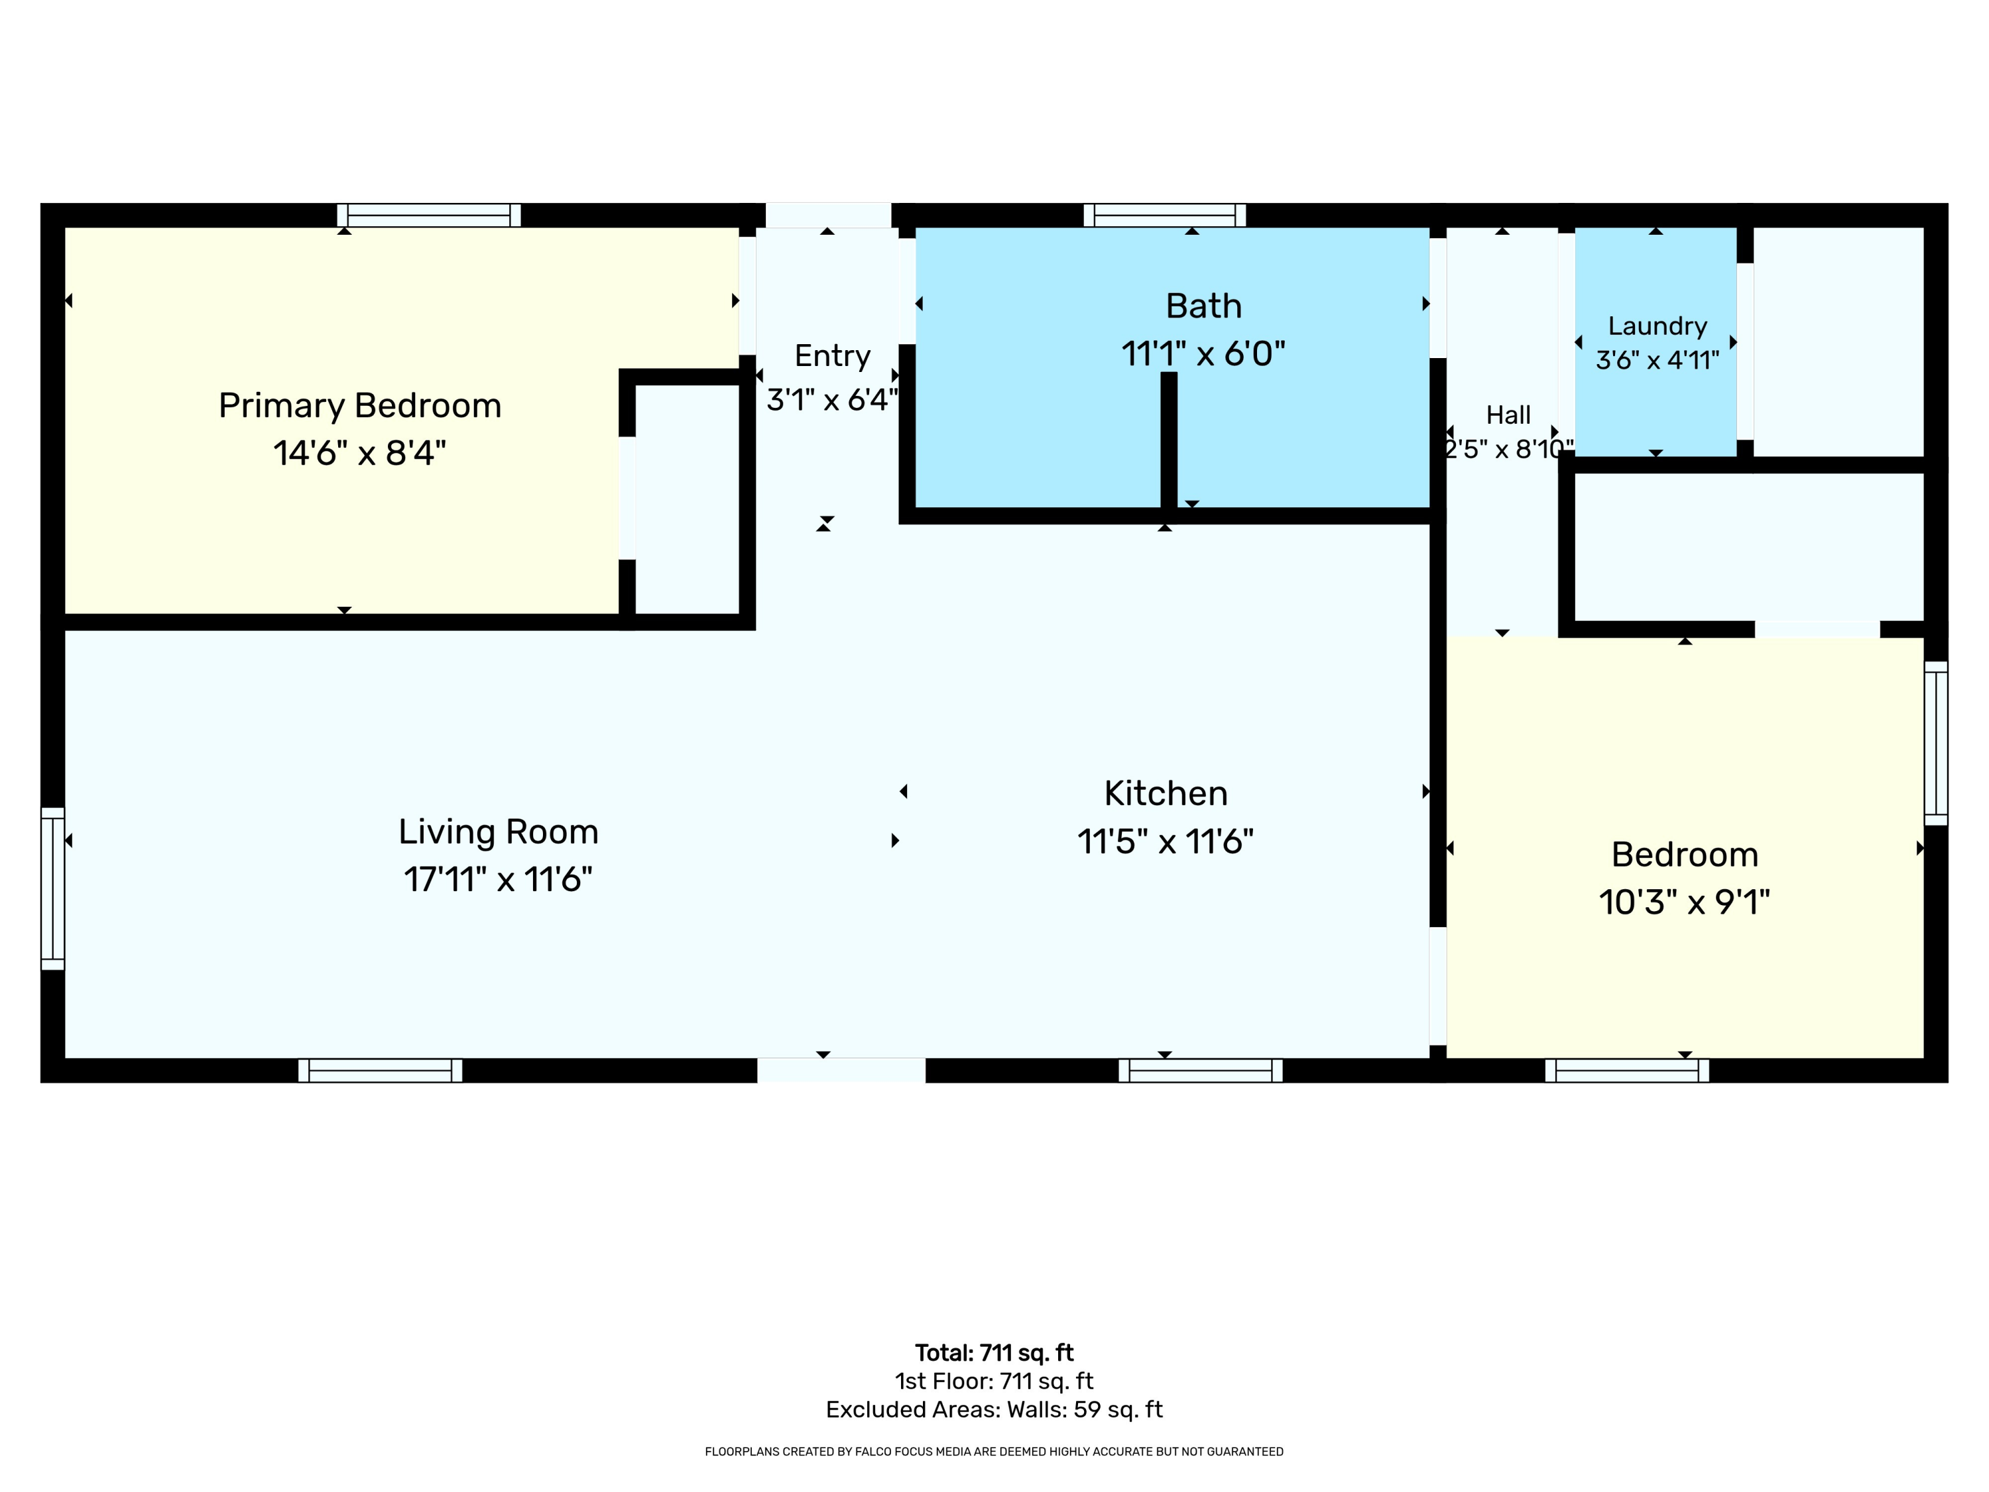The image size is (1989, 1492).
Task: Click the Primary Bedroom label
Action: (359, 406)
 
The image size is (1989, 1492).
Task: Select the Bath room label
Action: (1203, 306)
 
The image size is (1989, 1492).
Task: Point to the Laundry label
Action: (1657, 326)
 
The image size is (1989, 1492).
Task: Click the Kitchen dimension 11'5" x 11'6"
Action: (1166, 841)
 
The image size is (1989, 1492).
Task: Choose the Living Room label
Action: (498, 833)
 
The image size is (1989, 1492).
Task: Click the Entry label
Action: (833, 356)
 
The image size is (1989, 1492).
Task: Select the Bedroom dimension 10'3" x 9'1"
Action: (1684, 901)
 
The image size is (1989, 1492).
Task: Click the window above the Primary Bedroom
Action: (429, 215)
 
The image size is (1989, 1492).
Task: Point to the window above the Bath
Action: (1164, 215)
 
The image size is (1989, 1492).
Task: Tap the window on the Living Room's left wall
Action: (53, 889)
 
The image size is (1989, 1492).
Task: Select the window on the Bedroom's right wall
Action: (1936, 743)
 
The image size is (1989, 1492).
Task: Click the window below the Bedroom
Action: (1626, 1070)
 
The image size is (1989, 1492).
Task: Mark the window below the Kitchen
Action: (1201, 1070)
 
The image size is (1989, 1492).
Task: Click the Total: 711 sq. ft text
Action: (994, 1353)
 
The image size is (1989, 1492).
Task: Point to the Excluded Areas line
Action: (994, 1409)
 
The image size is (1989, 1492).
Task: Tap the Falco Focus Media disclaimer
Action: (994, 1452)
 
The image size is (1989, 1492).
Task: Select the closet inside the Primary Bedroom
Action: (687, 499)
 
